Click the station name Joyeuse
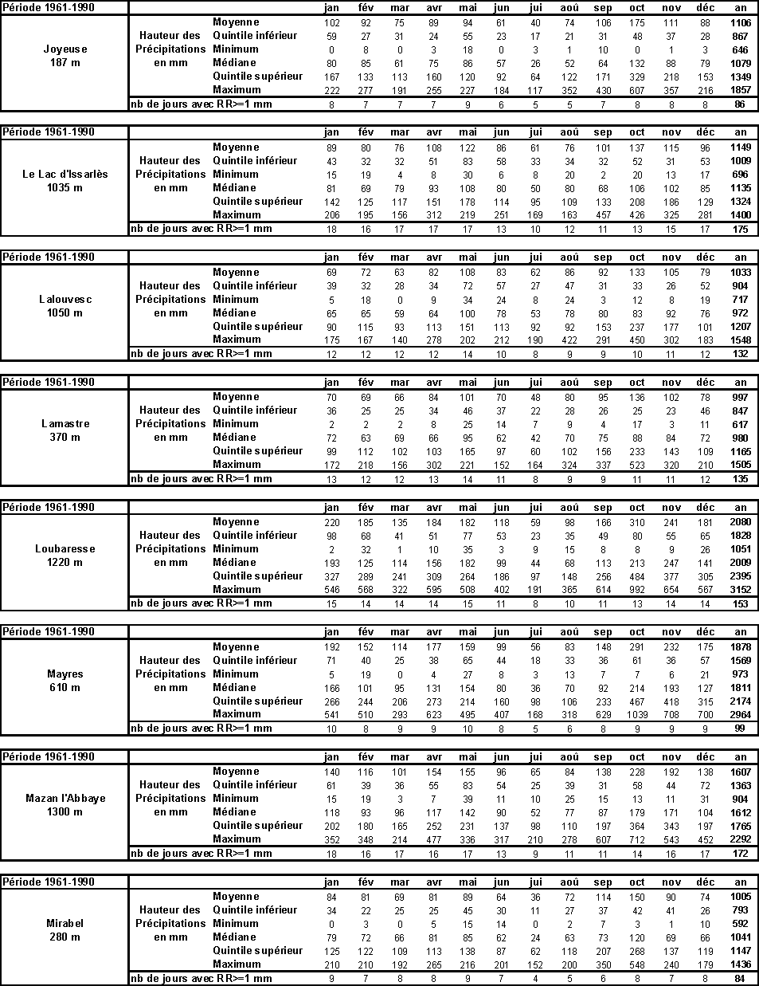click(x=65, y=49)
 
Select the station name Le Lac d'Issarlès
click(x=65, y=175)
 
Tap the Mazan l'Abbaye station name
click(x=65, y=799)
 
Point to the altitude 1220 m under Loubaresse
click(x=65, y=563)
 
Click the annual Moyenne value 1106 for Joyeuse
click(x=741, y=23)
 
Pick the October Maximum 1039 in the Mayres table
click(x=637, y=715)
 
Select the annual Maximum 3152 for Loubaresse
click(x=741, y=590)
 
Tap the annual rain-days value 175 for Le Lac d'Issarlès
click(x=741, y=230)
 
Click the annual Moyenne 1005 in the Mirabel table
click(x=741, y=897)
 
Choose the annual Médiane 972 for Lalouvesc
click(x=741, y=313)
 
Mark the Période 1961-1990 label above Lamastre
click(x=49, y=383)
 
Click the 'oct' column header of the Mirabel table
click(x=637, y=882)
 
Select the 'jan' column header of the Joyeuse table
click(x=332, y=8)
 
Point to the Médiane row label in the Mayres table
click(x=234, y=687)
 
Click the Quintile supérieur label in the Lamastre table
click(x=257, y=451)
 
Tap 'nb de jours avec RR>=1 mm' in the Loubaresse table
click(x=201, y=603)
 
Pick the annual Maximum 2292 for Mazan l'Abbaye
click(x=741, y=839)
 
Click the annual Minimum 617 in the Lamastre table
click(x=741, y=425)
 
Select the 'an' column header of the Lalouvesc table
click(x=741, y=257)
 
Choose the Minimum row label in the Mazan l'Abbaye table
click(x=235, y=798)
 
